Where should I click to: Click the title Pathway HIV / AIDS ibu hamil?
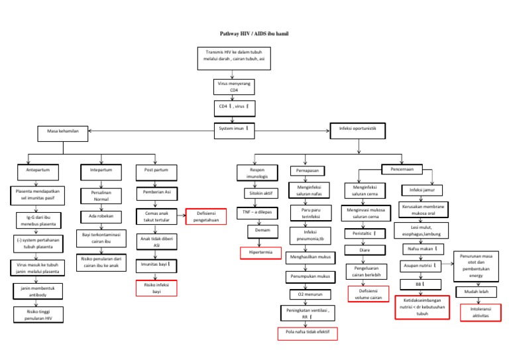(x=254, y=32)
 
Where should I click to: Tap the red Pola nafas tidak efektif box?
(x=308, y=333)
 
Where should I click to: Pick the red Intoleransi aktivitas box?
(x=479, y=313)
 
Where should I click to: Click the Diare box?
(x=365, y=251)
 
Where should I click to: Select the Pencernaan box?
(x=403, y=169)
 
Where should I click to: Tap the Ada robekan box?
(x=101, y=216)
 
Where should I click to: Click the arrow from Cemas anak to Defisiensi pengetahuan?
(x=180, y=215)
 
